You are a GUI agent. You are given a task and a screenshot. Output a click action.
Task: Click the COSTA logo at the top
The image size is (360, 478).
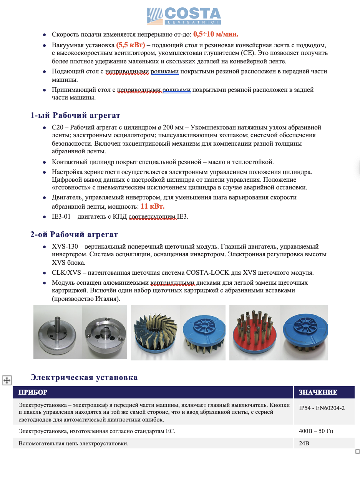click(184, 16)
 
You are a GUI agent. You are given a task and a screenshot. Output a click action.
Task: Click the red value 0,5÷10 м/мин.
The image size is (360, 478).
click(216, 34)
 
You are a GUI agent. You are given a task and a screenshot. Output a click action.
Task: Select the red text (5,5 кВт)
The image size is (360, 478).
click(131, 45)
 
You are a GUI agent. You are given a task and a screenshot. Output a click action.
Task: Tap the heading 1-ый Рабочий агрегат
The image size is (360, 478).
click(75, 115)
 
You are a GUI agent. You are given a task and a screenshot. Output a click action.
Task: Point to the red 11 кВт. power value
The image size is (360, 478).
click(152, 206)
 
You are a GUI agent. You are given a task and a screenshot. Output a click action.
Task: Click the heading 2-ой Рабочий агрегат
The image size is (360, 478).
click(74, 234)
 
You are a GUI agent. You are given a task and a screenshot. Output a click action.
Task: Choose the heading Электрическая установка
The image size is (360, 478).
click(84, 377)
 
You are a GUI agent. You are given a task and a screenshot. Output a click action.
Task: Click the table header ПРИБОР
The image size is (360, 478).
click(33, 392)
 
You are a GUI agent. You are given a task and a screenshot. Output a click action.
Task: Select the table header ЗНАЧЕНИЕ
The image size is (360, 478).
click(318, 392)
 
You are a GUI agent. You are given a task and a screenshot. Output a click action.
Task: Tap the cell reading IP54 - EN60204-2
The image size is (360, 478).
click(322, 408)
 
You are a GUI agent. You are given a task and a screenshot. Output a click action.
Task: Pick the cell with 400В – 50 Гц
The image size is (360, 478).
click(316, 431)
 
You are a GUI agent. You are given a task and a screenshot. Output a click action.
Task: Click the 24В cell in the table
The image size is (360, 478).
click(304, 443)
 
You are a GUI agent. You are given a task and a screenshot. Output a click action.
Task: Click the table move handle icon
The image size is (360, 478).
click(7, 380)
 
